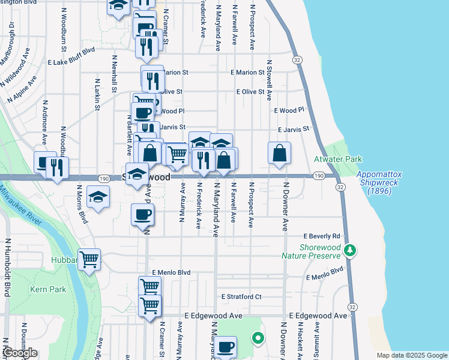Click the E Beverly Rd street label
322,236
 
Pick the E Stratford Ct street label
241,296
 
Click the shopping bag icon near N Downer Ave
280,154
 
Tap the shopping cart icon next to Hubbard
89,260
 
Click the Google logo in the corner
20,353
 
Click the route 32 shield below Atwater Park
340,188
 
